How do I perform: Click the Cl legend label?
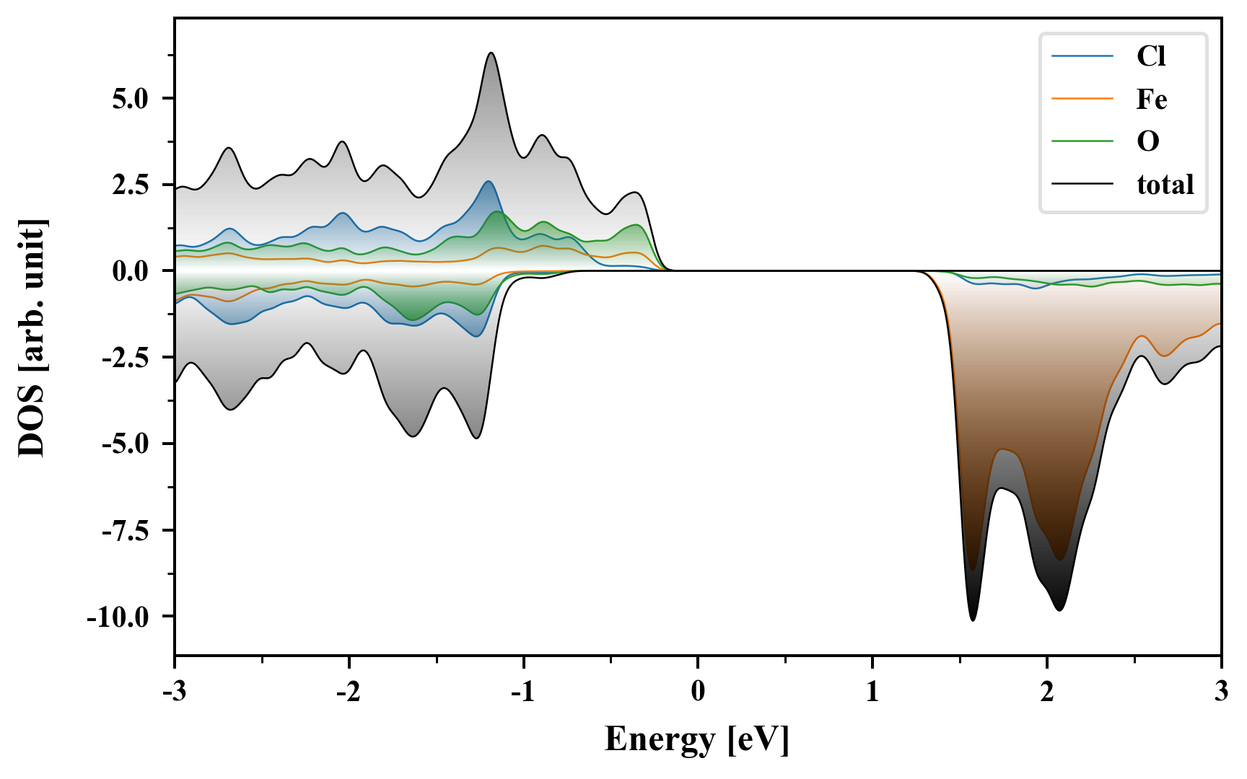[1151, 56]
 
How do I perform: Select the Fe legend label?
[1152, 99]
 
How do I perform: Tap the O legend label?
[1148, 141]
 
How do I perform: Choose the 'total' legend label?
[1165, 185]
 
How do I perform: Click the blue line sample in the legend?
[1082, 56]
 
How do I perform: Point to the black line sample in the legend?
[1082, 184]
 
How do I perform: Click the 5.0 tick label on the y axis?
[130, 99]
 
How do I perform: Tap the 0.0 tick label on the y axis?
[130, 272]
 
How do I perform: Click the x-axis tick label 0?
[698, 692]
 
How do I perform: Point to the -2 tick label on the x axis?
[349, 692]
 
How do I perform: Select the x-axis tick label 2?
[1047, 692]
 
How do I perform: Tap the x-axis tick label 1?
[872, 692]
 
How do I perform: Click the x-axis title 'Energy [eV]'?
[697, 739]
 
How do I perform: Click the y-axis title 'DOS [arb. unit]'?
[32, 337]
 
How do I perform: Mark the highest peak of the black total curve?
[491, 53]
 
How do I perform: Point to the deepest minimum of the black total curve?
[973, 620]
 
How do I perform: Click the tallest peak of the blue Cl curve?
[489, 181]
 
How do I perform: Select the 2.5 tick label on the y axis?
[130, 185]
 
